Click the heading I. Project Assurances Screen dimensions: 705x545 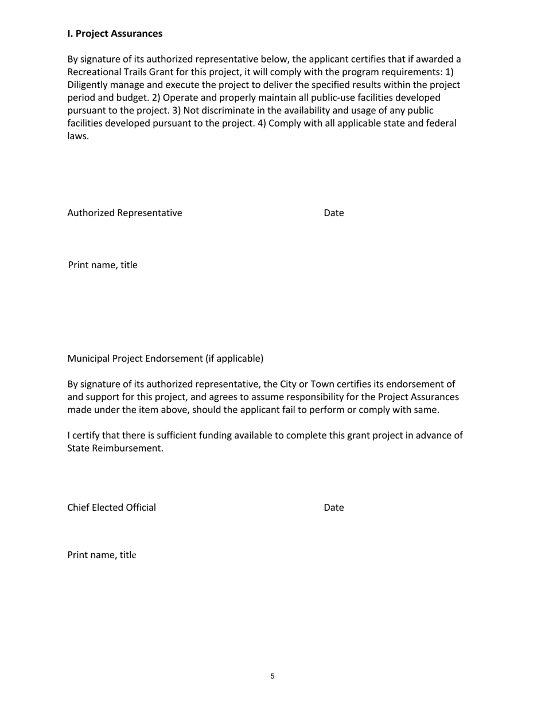pyautogui.click(x=115, y=34)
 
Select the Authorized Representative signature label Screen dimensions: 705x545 pyautogui.click(x=124, y=213)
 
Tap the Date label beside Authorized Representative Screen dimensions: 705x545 pyautogui.click(x=333, y=213)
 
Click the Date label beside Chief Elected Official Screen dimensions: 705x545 pyautogui.click(x=333, y=508)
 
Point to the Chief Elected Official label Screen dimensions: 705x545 pyautogui.click(x=111, y=508)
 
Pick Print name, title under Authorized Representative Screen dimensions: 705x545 pyautogui.click(x=103, y=265)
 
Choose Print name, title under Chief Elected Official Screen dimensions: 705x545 pyautogui.click(x=102, y=555)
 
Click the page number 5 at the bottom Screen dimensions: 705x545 pyautogui.click(x=272, y=676)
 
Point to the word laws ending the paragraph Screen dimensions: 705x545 pyautogui.click(x=77, y=136)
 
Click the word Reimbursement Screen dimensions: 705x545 pyautogui.click(x=127, y=448)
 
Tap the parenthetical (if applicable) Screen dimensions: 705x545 pyautogui.click(x=234, y=359)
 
